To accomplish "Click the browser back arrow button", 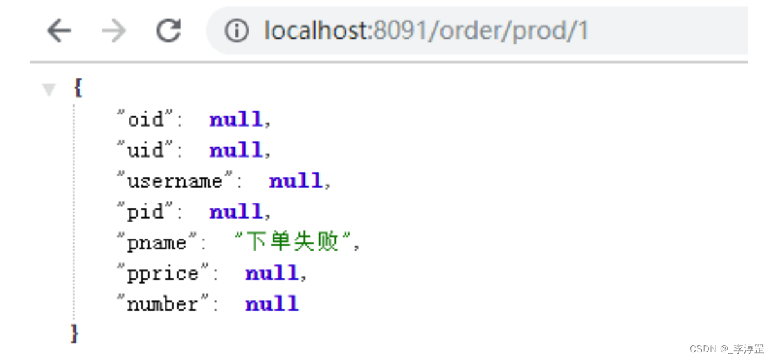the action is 59,31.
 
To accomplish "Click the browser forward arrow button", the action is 114,31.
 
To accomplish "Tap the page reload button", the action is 168,30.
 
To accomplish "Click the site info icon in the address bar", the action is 237,31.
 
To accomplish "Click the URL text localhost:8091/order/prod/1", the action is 426,30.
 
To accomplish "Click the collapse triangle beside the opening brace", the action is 49,89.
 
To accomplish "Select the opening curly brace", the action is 78,88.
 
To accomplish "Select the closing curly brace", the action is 75,334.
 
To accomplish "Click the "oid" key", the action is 145,119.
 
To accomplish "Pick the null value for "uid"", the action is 236,150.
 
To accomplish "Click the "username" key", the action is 174,181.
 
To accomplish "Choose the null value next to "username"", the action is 296,181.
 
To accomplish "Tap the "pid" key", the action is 145,212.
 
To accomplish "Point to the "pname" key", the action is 157,242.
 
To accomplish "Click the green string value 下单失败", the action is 292,241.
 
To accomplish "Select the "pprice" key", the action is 163,273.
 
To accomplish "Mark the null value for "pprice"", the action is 271,273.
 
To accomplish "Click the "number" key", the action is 163,303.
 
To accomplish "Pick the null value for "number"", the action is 271,303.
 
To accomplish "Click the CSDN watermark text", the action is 726,348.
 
